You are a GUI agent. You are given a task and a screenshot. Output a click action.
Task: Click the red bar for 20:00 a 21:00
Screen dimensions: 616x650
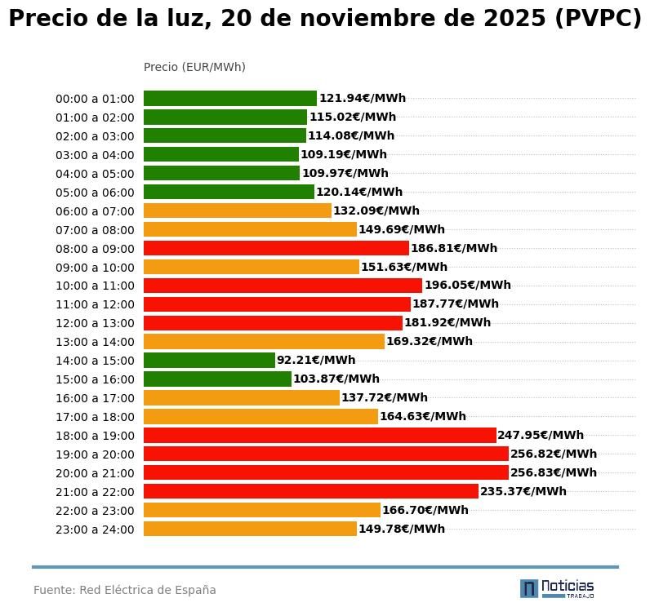click(326, 472)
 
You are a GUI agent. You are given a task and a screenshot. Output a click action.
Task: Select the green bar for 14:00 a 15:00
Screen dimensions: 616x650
click(209, 360)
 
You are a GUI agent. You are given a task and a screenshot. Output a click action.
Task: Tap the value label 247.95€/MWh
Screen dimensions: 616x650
click(541, 436)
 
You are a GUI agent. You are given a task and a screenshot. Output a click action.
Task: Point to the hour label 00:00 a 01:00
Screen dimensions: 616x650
click(95, 99)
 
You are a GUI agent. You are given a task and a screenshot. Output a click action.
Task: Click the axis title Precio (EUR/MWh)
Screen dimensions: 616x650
click(194, 67)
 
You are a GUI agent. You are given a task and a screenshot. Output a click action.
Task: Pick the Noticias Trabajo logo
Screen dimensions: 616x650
click(557, 588)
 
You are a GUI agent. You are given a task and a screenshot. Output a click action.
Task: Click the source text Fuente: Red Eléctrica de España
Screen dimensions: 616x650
click(125, 590)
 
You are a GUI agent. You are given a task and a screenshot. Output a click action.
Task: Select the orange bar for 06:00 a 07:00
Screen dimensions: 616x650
click(237, 211)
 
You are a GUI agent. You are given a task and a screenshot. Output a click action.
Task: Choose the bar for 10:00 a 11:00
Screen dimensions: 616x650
click(283, 286)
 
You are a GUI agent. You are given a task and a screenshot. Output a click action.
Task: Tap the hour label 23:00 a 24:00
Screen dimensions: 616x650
click(95, 530)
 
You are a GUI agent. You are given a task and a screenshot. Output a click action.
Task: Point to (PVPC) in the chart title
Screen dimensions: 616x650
click(598, 20)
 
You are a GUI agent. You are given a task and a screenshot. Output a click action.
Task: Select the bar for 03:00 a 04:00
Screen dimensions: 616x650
click(221, 154)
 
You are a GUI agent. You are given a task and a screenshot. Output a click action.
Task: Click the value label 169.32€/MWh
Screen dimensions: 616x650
click(429, 342)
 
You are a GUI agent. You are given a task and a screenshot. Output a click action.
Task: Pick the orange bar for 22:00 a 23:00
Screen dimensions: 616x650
click(261, 510)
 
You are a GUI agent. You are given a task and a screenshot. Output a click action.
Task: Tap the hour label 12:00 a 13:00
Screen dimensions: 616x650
click(95, 323)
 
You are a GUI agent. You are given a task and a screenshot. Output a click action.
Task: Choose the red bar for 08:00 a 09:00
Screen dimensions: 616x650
click(276, 248)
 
